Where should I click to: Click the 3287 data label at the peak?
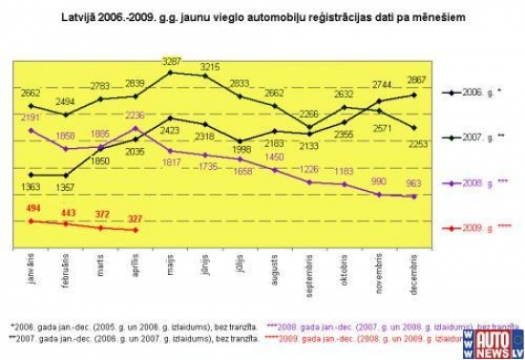[172, 60]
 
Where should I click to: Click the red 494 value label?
[34, 207]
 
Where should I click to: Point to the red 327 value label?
[136, 219]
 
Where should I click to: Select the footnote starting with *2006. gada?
[134, 327]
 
